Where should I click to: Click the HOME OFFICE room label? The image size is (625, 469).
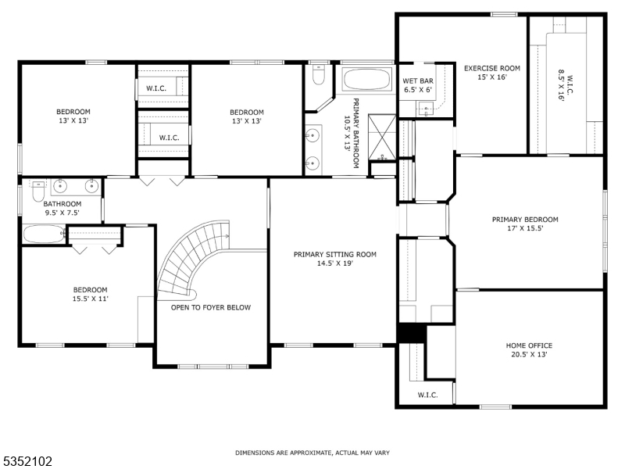[529, 345]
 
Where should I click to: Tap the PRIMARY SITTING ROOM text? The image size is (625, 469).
[335, 254]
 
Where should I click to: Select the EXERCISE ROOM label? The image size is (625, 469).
[491, 68]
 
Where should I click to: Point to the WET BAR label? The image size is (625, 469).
[417, 81]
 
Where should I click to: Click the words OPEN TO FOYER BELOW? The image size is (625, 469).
[211, 307]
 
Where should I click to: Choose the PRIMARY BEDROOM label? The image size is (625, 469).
[525, 220]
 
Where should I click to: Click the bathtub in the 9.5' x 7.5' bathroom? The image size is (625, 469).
[43, 234]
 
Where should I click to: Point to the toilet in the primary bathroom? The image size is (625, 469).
[318, 74]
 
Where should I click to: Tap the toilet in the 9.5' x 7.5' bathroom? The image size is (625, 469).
[37, 190]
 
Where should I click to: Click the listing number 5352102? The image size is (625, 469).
[27, 461]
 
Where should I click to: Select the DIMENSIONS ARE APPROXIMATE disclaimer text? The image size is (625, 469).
[312, 453]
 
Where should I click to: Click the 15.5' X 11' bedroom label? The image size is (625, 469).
[90, 294]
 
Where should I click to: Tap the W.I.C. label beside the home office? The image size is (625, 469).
[427, 395]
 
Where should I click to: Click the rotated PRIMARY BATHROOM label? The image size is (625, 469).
[352, 133]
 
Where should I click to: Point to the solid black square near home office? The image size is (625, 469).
[411, 332]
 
